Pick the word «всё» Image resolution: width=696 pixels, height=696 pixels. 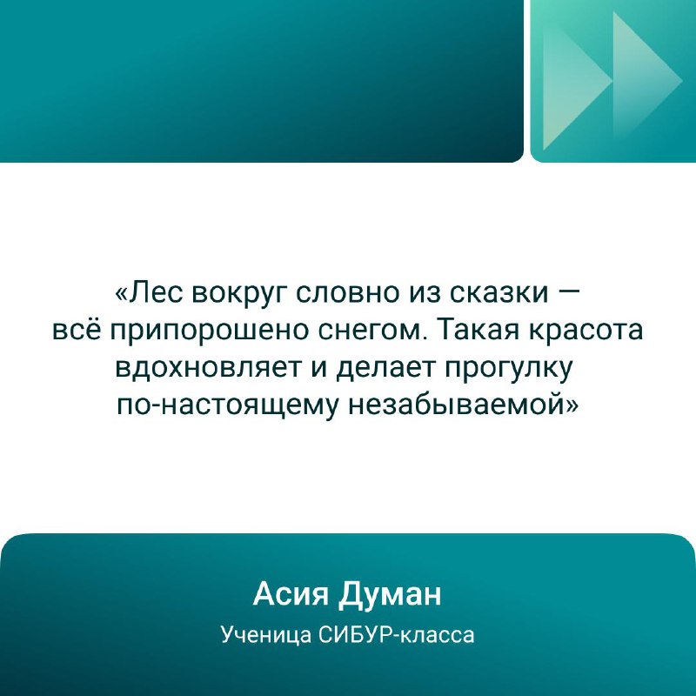77,331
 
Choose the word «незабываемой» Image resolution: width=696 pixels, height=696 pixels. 463,405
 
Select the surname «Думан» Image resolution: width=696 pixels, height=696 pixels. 390,596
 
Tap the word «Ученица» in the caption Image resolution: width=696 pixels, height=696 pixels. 266,636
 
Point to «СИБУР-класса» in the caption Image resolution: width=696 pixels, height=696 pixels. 398,635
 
